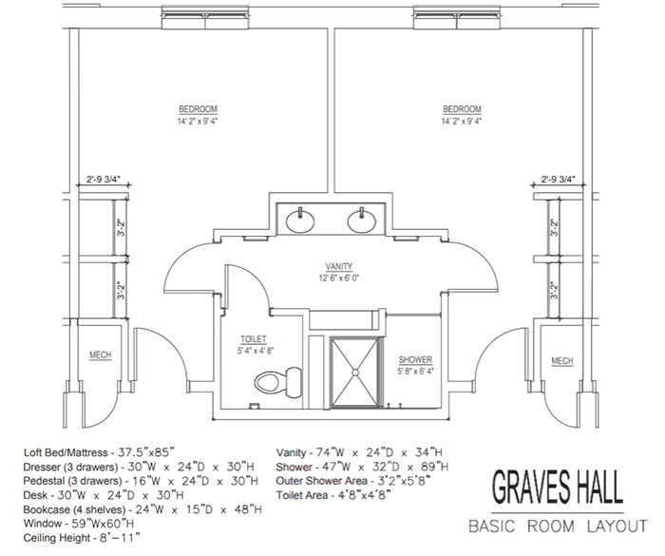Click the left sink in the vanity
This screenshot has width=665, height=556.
click(300, 220)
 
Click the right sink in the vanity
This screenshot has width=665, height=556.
click(362, 220)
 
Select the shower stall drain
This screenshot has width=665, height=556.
click(354, 373)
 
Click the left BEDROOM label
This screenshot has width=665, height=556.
click(198, 109)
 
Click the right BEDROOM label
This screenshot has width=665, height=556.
click(463, 109)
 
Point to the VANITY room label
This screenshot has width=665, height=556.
click(339, 266)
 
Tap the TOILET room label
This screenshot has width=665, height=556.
click(254, 339)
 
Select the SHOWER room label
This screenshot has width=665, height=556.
click(416, 360)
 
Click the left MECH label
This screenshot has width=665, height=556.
click(101, 355)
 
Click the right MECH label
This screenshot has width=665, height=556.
click(562, 361)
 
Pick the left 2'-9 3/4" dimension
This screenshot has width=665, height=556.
click(104, 179)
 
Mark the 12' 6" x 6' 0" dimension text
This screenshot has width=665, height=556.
click(339, 278)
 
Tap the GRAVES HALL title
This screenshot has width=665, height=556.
click(558, 487)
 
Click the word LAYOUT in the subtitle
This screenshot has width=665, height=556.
click(617, 527)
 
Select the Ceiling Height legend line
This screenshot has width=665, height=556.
click(82, 538)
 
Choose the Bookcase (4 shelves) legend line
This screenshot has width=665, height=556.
click(142, 509)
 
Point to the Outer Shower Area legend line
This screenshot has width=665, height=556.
click(353, 481)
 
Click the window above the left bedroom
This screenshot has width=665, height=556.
click(205, 17)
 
